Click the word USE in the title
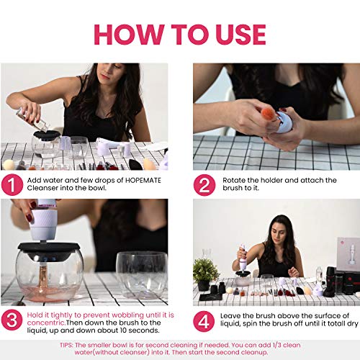(240, 35)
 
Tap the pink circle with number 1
(12, 184)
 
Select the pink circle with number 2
(204, 185)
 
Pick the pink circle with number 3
(12, 320)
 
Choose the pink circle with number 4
(204, 321)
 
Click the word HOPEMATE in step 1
(143, 180)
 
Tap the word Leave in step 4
(230, 315)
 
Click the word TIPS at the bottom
(66, 345)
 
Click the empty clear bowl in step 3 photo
(142, 275)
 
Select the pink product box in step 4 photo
(348, 254)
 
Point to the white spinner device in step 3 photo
(43, 220)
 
